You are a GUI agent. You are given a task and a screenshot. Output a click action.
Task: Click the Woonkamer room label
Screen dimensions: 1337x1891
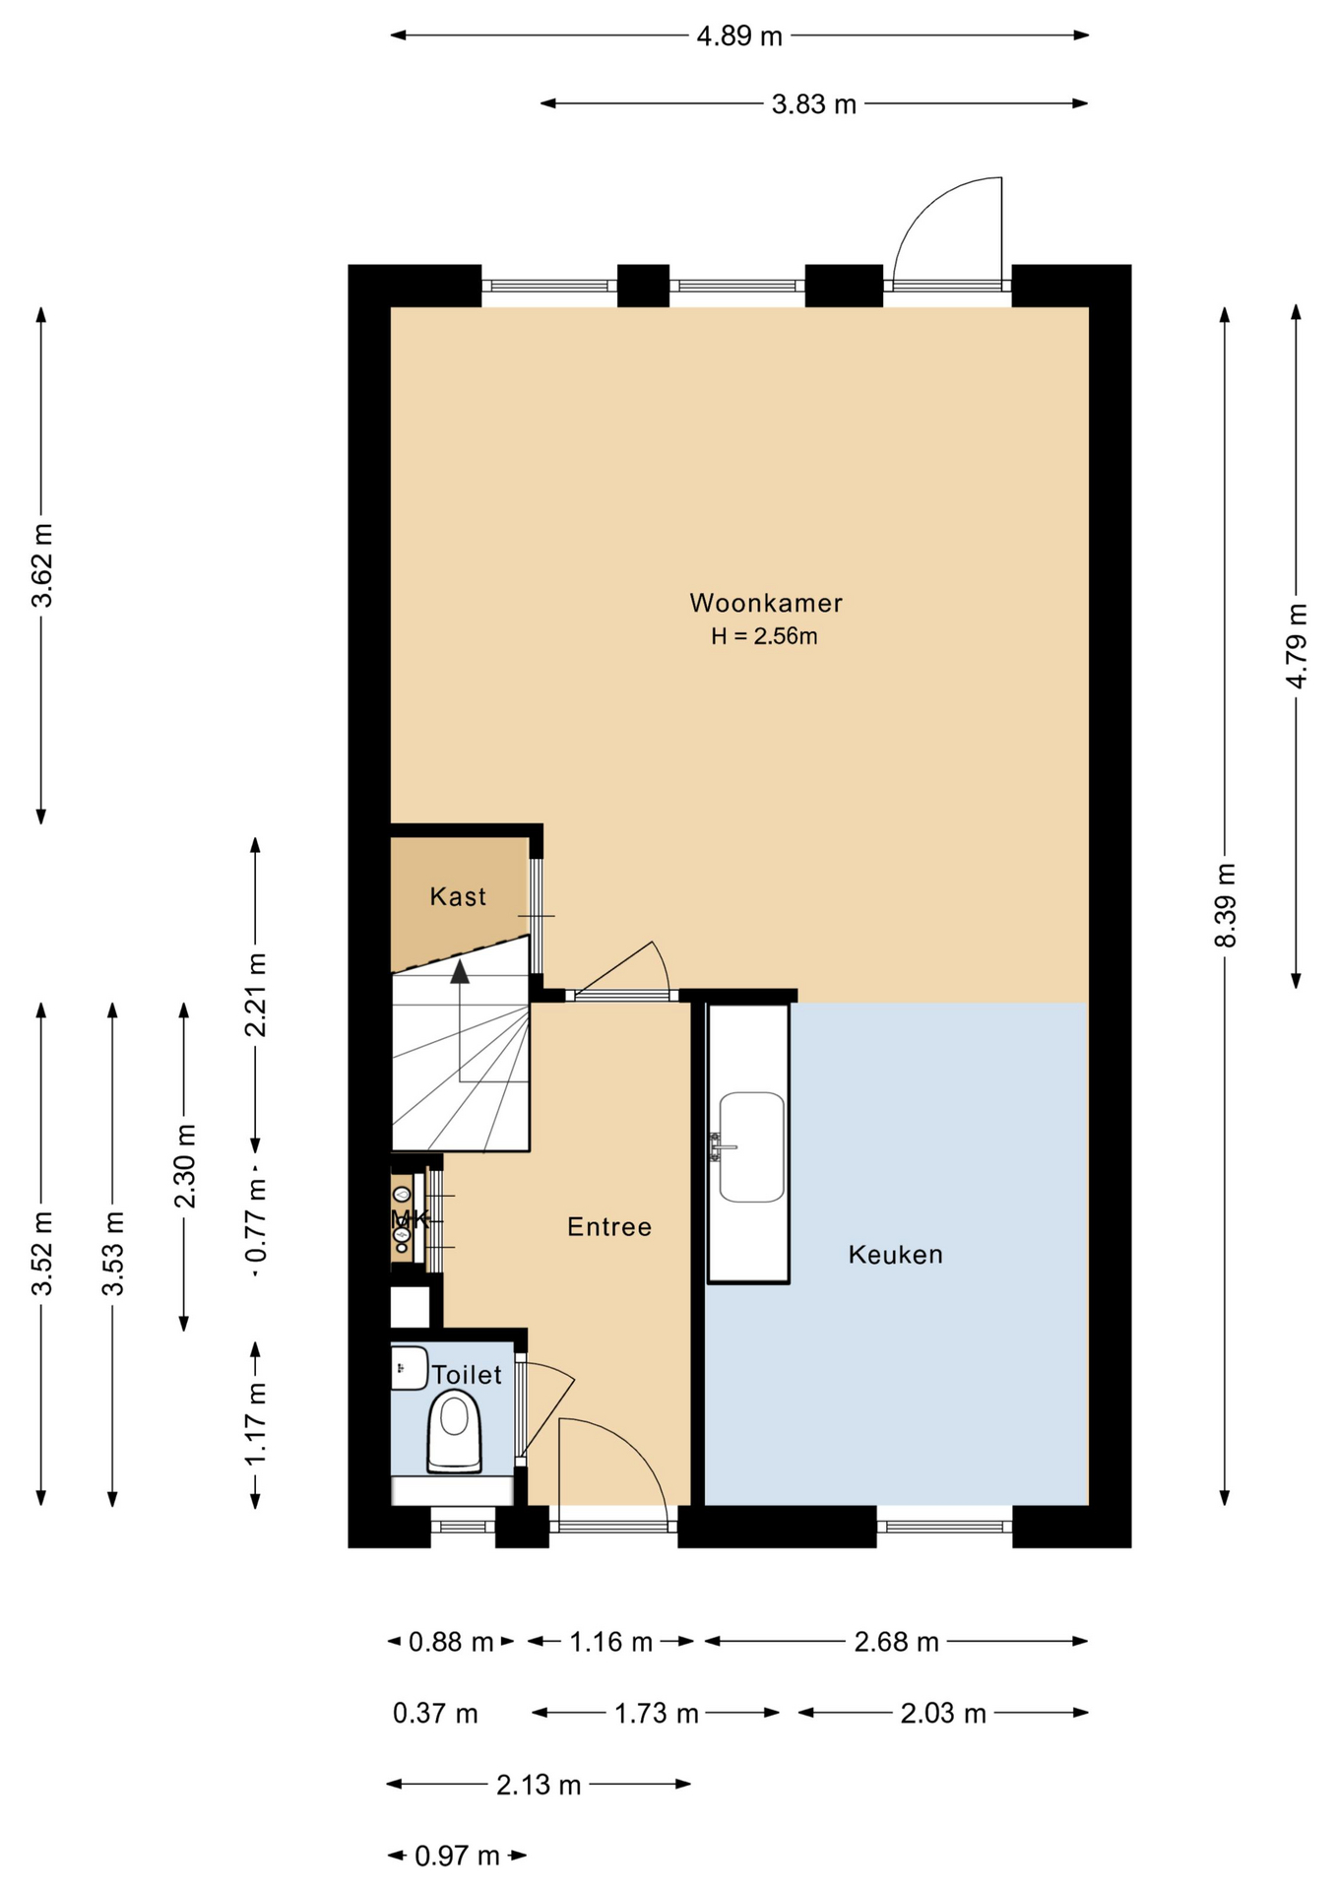coord(765,603)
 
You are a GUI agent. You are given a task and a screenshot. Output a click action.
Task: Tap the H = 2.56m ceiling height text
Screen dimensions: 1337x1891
coord(764,636)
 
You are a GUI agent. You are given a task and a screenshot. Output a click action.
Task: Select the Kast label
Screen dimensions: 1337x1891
coord(458,896)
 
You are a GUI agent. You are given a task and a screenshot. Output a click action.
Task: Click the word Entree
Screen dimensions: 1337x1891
coord(609,1226)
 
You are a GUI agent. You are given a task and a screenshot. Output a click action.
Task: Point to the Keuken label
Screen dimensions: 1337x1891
coord(895,1254)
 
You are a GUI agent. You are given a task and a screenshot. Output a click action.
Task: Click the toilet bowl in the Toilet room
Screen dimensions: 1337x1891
coord(454,1431)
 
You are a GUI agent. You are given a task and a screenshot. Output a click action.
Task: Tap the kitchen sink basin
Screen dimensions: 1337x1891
coord(752,1146)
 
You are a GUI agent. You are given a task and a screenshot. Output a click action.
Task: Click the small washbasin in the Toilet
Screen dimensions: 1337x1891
coord(409,1368)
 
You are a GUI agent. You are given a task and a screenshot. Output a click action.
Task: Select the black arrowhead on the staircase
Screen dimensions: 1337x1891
coord(460,972)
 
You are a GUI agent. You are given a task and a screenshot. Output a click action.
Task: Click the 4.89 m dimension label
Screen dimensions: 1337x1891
coord(739,36)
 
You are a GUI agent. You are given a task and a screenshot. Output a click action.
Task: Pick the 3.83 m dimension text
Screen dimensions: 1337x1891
coord(814,104)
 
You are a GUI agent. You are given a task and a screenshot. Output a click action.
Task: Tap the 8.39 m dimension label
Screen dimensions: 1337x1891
coord(1225,905)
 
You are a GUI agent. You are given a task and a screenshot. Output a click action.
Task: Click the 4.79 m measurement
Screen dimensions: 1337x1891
coord(1297,646)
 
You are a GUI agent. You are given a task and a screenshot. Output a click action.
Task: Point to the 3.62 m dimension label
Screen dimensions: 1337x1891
coord(41,565)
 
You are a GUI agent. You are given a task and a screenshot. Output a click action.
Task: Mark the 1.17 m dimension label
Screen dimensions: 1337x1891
coord(255,1423)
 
